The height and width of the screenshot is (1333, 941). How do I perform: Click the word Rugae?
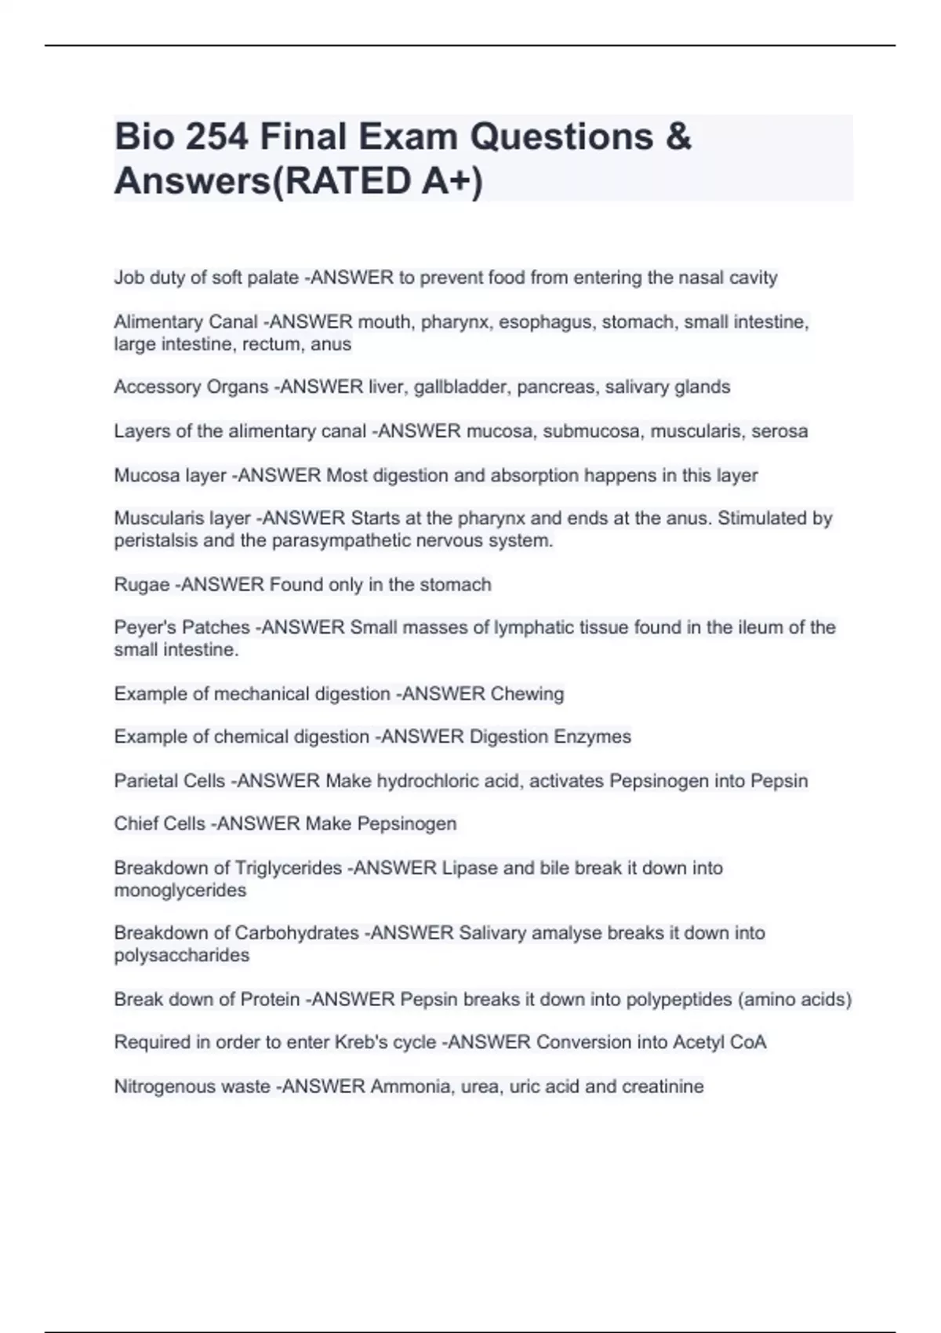click(142, 585)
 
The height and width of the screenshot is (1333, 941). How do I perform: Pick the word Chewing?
click(527, 694)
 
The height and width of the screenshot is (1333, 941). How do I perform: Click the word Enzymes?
click(593, 737)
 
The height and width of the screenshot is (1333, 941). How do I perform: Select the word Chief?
click(136, 824)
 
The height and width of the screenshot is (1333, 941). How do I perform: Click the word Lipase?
click(470, 868)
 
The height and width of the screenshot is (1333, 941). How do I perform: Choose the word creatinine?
click(663, 1087)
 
